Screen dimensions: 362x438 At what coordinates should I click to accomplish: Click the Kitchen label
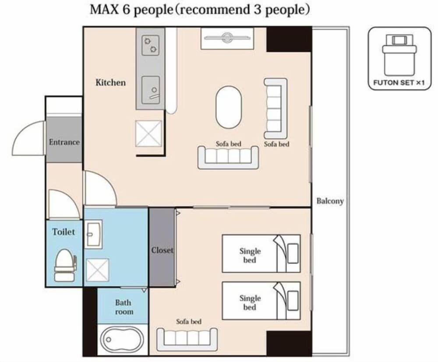click(x=110, y=82)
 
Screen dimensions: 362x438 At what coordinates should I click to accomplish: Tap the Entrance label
click(x=64, y=142)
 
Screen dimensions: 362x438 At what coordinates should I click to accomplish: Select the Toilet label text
click(x=64, y=232)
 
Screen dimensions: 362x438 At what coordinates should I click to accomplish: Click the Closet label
click(x=162, y=250)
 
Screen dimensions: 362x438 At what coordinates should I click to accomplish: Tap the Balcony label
click(x=330, y=202)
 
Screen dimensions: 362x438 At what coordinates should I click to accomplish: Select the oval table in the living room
click(x=228, y=107)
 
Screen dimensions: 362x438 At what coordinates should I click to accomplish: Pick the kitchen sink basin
click(x=150, y=90)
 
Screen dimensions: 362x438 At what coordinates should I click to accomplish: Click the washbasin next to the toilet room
click(x=93, y=234)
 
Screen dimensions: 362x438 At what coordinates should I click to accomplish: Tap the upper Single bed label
click(x=250, y=256)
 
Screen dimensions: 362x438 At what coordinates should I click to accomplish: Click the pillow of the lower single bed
click(x=293, y=300)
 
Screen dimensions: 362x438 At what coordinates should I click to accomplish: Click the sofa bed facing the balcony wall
click(x=276, y=108)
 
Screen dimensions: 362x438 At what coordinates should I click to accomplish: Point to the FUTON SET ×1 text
click(x=399, y=82)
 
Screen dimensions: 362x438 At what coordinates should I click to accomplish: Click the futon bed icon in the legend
click(x=399, y=55)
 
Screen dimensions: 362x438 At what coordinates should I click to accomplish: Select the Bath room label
click(x=124, y=307)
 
